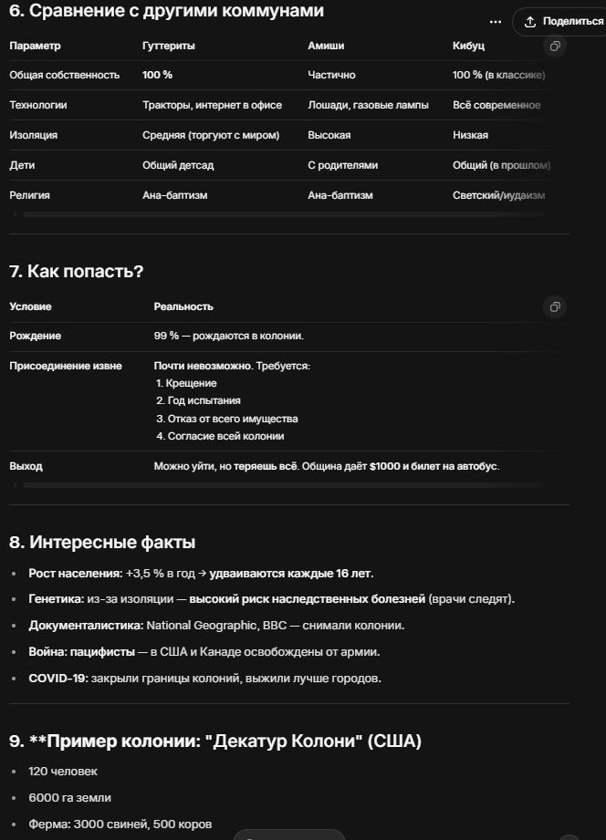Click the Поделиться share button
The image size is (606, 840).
click(x=563, y=21)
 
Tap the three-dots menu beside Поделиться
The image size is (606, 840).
click(x=496, y=21)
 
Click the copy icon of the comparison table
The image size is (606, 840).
click(x=555, y=46)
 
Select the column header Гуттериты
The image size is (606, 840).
click(x=169, y=46)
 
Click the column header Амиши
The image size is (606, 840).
click(x=326, y=46)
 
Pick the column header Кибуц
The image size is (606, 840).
click(x=468, y=46)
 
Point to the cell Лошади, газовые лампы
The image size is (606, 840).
click(x=368, y=105)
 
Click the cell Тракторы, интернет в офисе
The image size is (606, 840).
click(x=212, y=105)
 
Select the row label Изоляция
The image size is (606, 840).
click(x=34, y=135)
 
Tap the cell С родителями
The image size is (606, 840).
click(x=342, y=165)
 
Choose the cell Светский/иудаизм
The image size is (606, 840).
click(x=498, y=195)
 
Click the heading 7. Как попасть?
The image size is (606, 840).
click(x=77, y=271)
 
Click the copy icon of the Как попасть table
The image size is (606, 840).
click(x=555, y=306)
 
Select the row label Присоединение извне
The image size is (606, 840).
click(x=65, y=366)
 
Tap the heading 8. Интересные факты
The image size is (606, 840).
click(x=102, y=543)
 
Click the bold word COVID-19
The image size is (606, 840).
click(x=57, y=678)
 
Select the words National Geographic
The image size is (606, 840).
click(x=191, y=626)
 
